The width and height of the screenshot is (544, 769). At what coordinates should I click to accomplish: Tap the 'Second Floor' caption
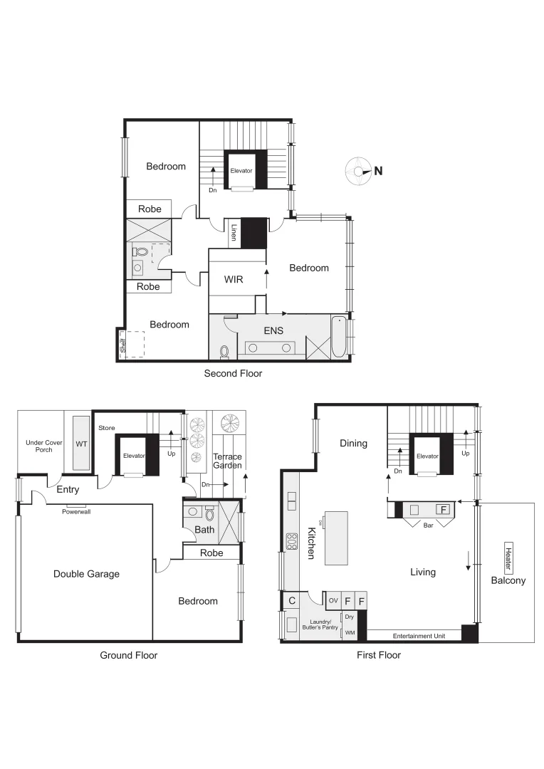(233, 373)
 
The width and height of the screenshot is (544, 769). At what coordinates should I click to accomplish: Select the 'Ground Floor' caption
(128, 655)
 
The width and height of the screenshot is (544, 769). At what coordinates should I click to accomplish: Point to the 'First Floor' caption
(378, 655)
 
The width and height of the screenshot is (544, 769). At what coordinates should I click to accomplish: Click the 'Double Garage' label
(86, 574)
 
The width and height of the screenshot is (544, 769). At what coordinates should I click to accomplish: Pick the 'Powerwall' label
(76, 511)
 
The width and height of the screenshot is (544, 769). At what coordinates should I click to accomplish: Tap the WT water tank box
(81, 444)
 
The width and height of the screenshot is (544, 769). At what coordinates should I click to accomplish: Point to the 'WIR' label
(234, 280)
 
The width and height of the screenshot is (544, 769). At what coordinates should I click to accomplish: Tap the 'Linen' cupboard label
(234, 233)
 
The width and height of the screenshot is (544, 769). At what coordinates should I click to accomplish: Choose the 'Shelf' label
(123, 346)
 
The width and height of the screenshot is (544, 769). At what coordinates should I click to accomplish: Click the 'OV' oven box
(333, 601)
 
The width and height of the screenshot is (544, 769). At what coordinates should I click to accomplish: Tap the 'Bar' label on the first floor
(428, 525)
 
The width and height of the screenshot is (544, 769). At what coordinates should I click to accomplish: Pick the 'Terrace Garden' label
(228, 461)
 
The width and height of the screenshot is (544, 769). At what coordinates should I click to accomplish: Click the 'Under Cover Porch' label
(44, 446)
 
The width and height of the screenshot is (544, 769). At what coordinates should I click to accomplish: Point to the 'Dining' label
(353, 444)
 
